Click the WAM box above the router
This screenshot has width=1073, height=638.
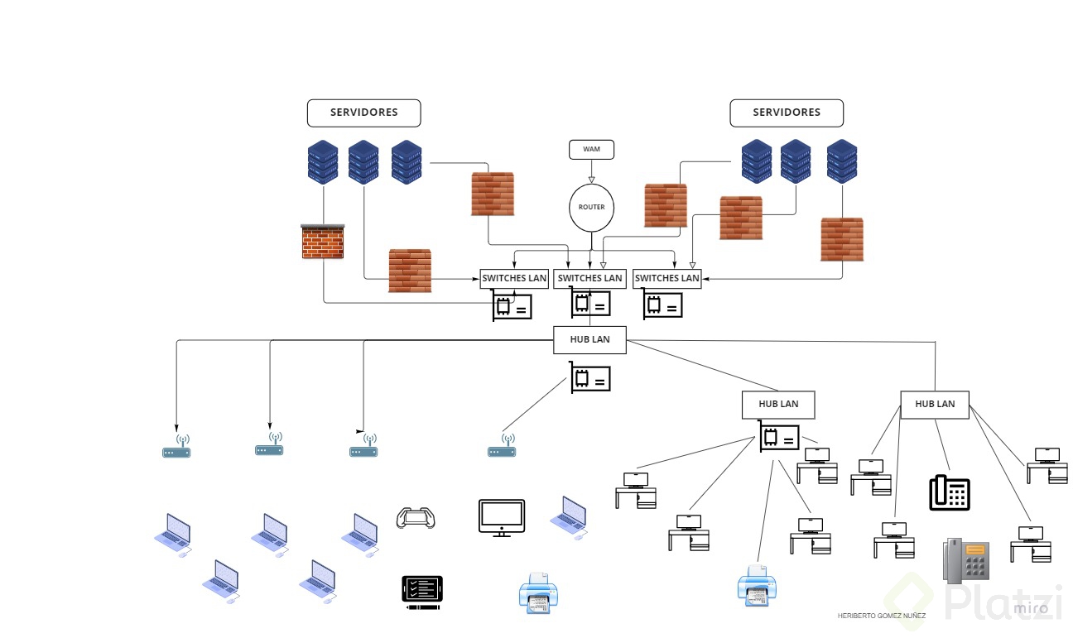(591, 150)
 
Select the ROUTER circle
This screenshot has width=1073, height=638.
(591, 207)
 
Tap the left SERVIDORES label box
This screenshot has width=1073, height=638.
(363, 113)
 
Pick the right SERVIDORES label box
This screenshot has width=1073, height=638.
(787, 113)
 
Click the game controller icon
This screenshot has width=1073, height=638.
(416, 518)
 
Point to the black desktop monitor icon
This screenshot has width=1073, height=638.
(502, 517)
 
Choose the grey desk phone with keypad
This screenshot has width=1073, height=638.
(966, 560)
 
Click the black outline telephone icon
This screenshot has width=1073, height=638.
(950, 492)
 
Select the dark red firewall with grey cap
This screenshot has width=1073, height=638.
(323, 242)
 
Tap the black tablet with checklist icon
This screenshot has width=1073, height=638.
(422, 592)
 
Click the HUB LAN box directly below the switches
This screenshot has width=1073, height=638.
(589, 339)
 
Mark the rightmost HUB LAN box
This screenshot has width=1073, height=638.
(935, 404)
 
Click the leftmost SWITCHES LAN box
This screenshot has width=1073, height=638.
(514, 279)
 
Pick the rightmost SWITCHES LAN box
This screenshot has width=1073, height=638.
(667, 279)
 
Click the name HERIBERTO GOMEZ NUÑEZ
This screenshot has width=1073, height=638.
(882, 616)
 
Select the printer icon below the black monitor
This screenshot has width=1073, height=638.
(539, 593)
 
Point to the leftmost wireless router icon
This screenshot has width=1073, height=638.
(176, 448)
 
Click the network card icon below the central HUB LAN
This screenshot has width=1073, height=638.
(590, 378)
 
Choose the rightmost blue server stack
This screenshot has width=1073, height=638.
(842, 161)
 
